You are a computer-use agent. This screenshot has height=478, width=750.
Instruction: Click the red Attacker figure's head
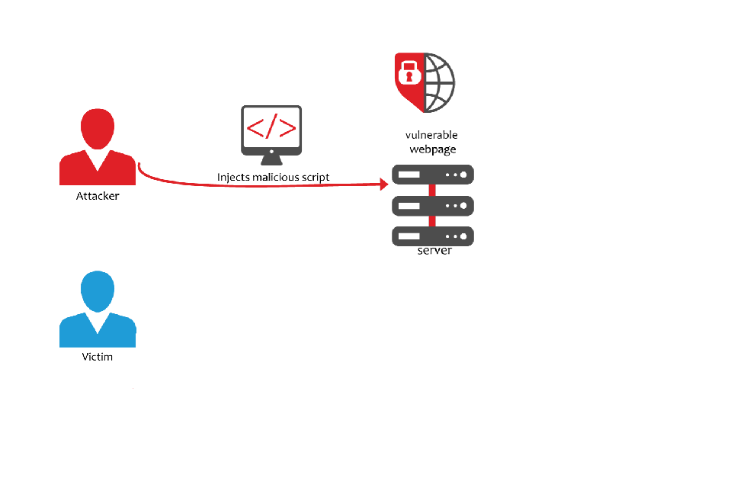tap(98, 128)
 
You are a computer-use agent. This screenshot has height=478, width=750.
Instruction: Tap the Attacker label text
tap(98, 196)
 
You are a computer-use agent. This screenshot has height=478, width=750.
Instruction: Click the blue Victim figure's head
tap(98, 291)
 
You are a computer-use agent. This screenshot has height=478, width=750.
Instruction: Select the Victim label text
tap(97, 357)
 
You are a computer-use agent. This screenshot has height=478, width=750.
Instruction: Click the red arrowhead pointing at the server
tap(384, 184)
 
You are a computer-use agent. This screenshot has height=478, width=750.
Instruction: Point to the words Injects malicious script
tap(273, 178)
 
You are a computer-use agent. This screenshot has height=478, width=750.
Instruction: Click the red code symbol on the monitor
tap(271, 127)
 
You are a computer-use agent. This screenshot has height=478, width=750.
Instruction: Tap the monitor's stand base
tap(271, 161)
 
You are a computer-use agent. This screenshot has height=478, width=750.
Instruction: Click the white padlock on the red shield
tap(409, 72)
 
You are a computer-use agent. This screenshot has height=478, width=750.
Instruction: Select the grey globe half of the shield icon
tap(440, 83)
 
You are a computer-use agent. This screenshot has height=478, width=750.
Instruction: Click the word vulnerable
tap(431, 135)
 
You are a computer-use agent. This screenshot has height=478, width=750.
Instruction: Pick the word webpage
tap(433, 149)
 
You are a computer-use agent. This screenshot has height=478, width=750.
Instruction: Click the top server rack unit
tap(433, 175)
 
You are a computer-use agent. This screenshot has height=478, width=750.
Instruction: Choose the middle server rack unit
tap(433, 206)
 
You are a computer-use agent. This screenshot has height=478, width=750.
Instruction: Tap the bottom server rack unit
tap(433, 236)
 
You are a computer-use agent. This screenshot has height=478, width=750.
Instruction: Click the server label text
tap(434, 251)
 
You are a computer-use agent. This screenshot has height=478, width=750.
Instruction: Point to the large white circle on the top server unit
tap(463, 175)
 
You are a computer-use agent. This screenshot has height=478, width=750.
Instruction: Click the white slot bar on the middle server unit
tap(409, 206)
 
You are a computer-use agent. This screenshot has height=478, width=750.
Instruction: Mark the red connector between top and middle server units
tap(432, 191)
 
